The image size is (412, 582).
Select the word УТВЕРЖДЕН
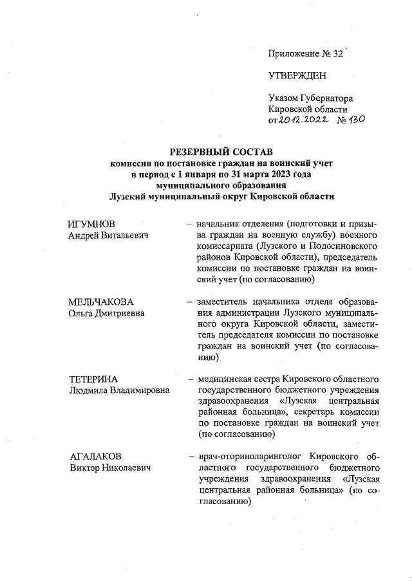(297, 76)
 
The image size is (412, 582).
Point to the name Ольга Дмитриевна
(106, 313)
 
